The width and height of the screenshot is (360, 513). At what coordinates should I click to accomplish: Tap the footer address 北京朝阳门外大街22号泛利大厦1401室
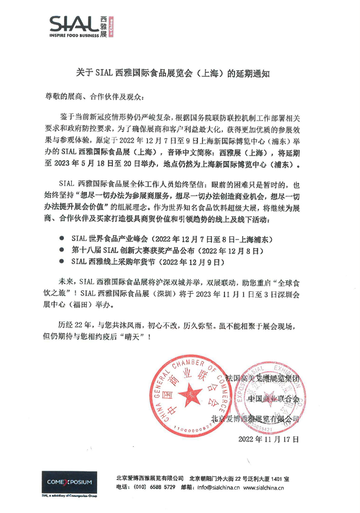pyautogui.click(x=239, y=478)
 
